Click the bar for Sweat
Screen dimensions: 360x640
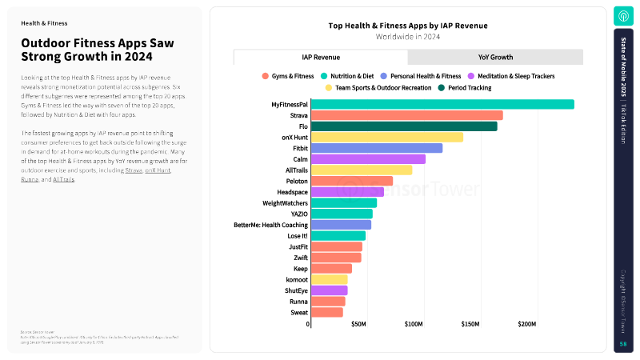(x=326, y=312)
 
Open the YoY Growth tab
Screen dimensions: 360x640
(x=495, y=58)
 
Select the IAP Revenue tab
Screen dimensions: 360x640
(x=320, y=58)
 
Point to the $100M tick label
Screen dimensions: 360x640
(x=414, y=324)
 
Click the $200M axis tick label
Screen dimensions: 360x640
(x=527, y=324)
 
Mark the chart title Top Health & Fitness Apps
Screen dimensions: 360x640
(x=408, y=26)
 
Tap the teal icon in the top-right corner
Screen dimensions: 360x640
(x=623, y=16)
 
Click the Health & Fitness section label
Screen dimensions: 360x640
(x=44, y=23)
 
